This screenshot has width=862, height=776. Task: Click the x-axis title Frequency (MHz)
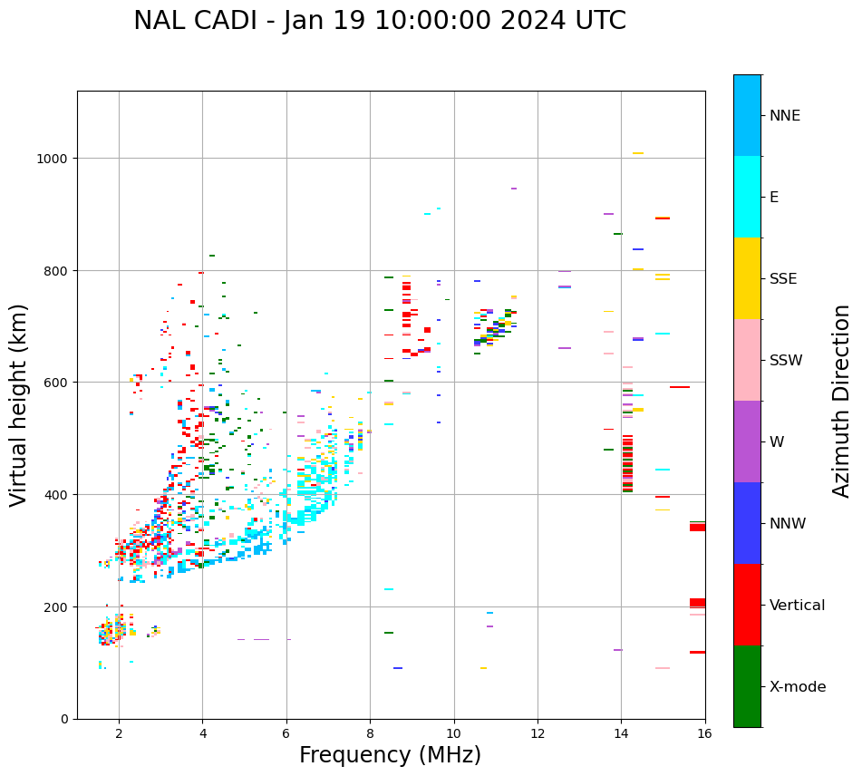coord(390,755)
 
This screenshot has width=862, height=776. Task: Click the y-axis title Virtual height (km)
coord(19,404)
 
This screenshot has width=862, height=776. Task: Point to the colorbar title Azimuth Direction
coord(842,401)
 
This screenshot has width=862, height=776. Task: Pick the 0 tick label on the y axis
coord(63,719)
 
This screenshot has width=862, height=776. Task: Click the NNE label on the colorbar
coord(785,115)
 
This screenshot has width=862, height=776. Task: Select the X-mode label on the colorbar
coord(798,686)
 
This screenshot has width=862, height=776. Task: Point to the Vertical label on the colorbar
coord(798,605)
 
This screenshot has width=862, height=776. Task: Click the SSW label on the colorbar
coord(786,360)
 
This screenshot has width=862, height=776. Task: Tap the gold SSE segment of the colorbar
coord(747,278)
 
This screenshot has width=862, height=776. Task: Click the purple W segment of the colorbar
coord(747,441)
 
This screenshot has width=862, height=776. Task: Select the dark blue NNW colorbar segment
coord(747,523)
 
